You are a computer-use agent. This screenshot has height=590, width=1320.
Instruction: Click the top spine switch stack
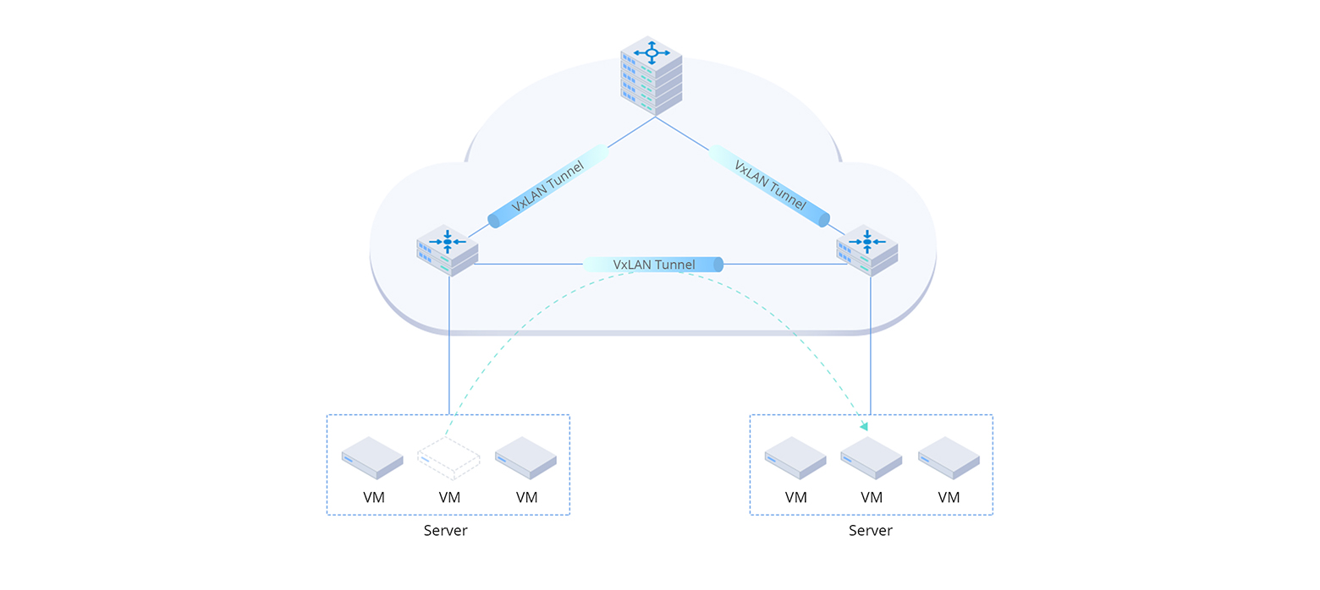pos(652,76)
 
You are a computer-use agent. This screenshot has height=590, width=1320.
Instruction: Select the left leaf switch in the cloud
pos(448,252)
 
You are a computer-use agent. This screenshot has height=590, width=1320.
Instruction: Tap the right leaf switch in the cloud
pos(867,252)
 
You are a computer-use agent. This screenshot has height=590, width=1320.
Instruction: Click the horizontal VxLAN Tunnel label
pos(653,265)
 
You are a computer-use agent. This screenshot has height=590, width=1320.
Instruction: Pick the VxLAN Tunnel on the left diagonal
pos(548,187)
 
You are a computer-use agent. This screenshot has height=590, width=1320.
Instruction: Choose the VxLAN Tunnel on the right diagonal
pos(769,187)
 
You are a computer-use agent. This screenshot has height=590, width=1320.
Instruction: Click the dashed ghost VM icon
pos(448,459)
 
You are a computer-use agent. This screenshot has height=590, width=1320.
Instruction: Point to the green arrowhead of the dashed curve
pos(864,427)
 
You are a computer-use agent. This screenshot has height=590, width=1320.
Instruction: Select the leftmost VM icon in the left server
pos(372,457)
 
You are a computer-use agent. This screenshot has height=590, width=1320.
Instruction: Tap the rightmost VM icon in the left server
pos(525,457)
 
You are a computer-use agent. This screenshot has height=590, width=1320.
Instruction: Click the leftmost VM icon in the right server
pos(795,457)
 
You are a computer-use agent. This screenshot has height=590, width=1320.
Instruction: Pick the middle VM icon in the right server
pos(871,457)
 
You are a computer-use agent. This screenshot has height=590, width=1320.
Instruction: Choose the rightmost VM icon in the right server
pos(949,457)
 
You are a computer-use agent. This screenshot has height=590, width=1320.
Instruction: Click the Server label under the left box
pos(445,531)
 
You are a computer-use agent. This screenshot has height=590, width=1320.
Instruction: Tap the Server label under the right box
pos(870,531)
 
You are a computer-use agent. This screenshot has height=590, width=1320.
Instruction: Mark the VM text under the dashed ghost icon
pos(449,498)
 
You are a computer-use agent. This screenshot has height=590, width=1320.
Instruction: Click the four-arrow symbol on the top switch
pos(652,52)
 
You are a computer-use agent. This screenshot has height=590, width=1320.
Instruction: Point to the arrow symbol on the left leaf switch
pos(448,242)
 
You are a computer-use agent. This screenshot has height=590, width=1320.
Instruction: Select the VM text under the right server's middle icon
pos(872,498)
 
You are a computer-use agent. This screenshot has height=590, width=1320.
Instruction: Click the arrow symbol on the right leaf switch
pos(867,242)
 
